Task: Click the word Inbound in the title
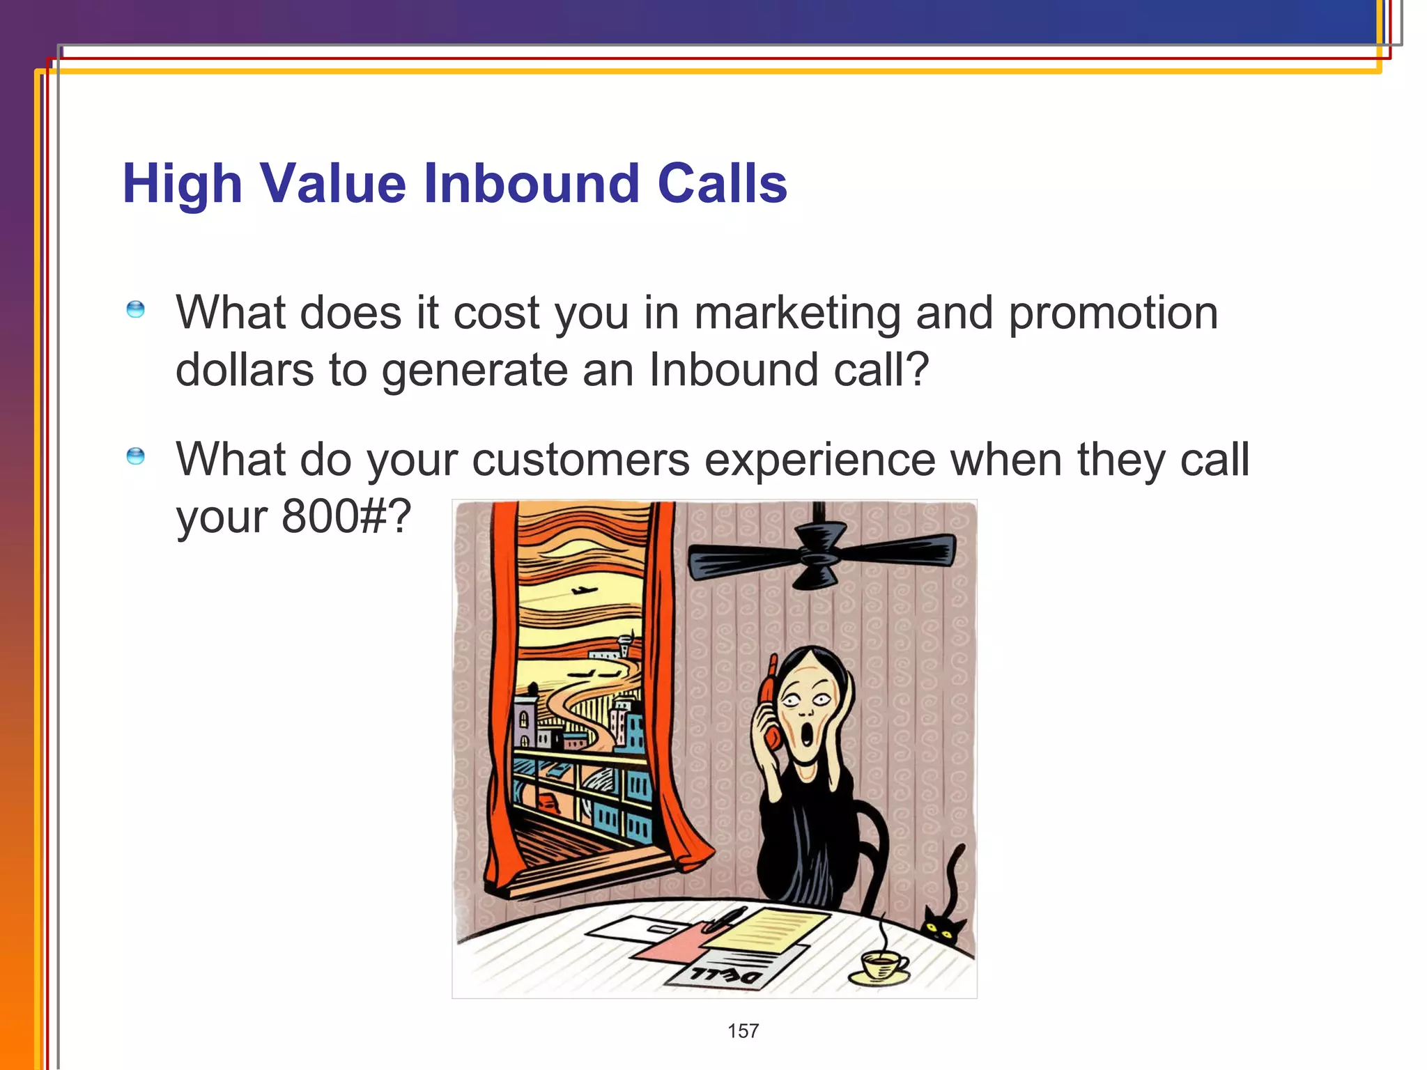point(531,183)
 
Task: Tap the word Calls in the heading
point(722,183)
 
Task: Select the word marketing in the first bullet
point(797,313)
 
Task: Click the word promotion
point(1113,313)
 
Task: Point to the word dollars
point(245,369)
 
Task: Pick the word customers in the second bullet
point(580,460)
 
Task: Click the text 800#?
point(346,516)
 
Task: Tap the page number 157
point(743,1031)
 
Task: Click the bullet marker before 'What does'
point(136,309)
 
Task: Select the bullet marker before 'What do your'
point(136,456)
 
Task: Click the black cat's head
point(941,926)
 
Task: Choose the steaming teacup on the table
point(881,966)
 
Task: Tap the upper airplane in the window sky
point(584,591)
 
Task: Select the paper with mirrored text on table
point(725,972)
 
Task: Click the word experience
point(820,460)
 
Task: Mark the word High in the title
point(183,183)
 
